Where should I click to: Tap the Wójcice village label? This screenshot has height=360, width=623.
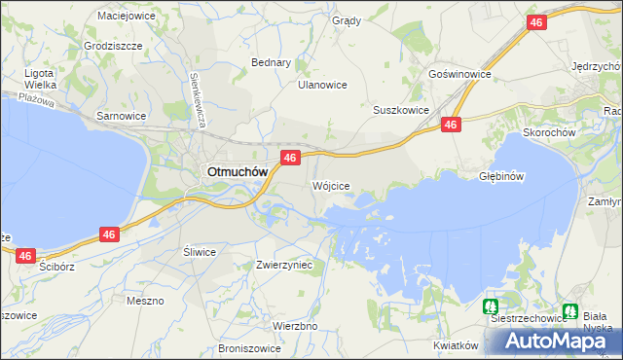[x=330, y=185]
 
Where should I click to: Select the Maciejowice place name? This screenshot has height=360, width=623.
[x=128, y=16]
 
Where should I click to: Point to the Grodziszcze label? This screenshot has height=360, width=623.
[x=113, y=46]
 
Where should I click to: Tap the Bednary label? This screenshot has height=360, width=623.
[x=272, y=62]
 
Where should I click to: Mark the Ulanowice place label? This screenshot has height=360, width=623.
[x=322, y=85]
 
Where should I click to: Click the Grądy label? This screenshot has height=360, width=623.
[x=346, y=20]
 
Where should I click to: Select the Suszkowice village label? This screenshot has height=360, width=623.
[x=401, y=110]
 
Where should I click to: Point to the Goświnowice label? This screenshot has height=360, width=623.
[x=458, y=74]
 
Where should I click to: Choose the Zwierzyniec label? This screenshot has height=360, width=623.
[x=283, y=264]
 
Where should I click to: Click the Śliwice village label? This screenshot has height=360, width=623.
[x=200, y=251]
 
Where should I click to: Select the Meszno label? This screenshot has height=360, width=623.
[x=145, y=301]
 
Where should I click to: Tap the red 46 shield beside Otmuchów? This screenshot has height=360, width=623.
[x=289, y=157]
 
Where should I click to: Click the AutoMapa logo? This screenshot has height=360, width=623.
[x=558, y=341]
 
